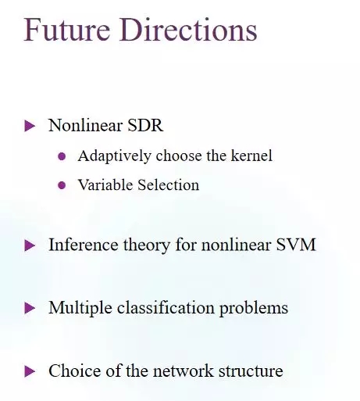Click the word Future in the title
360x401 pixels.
(66, 29)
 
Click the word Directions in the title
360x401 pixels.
(188, 29)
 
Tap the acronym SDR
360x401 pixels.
(145, 125)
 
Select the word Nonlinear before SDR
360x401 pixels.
(85, 125)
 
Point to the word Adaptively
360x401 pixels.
(114, 156)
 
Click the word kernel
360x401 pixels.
(251, 156)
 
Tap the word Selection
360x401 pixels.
(169, 184)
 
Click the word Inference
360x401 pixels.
(84, 245)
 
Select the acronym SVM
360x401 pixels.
(296, 245)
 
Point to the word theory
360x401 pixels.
(147, 245)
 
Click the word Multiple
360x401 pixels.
(80, 309)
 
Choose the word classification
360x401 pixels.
(166, 308)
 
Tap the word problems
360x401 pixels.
(254, 309)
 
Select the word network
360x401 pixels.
(184, 371)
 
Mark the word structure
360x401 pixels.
(251, 371)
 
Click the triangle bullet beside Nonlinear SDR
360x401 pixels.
(30, 126)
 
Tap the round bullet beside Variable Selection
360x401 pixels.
(62, 185)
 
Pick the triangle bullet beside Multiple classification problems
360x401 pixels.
(30, 308)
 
